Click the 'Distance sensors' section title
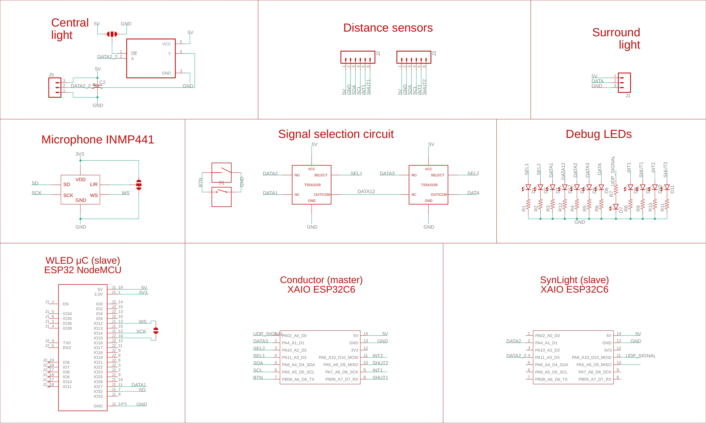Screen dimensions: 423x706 (388, 28)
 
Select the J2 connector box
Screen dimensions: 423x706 (358, 57)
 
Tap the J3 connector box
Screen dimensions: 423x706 (413, 57)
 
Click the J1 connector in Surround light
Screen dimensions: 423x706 (624, 83)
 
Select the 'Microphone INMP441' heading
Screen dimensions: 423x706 (98, 140)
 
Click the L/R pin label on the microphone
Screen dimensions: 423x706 (94, 184)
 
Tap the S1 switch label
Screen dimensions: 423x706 (222, 183)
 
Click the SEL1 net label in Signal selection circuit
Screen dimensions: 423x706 (356, 173)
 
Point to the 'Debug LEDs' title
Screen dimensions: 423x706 (598, 134)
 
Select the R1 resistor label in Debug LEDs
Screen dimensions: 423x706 (524, 208)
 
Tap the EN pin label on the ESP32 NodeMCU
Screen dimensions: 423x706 (66, 304)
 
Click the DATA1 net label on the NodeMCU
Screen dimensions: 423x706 (139, 385)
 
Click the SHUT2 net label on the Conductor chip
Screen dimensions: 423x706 (380, 363)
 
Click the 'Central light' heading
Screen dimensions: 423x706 (70, 29)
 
